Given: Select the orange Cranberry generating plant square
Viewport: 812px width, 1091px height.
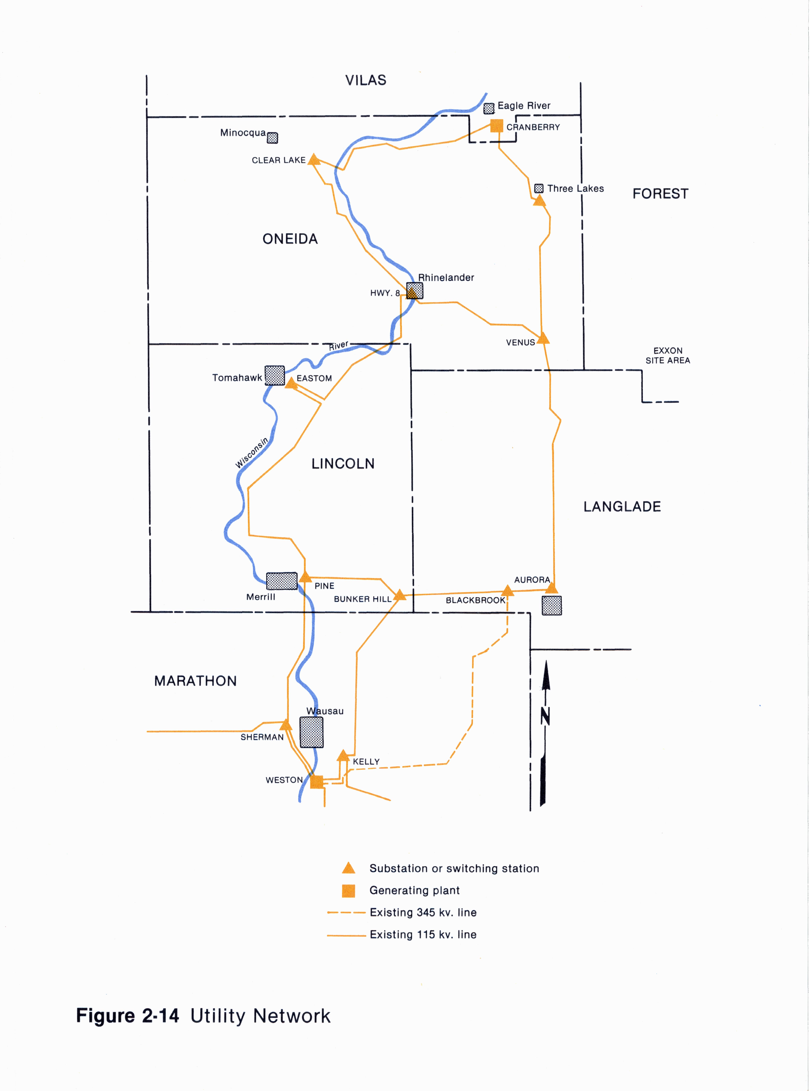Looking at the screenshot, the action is click(497, 126).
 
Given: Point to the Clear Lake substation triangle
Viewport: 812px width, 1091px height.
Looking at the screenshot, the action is click(314, 159).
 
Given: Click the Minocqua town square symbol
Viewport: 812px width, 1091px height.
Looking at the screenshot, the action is click(272, 138).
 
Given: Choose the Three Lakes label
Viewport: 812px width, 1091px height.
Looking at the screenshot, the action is click(576, 189).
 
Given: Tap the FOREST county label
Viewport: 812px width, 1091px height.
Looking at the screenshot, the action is click(660, 194).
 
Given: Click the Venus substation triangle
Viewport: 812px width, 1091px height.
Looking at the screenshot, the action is click(543, 338).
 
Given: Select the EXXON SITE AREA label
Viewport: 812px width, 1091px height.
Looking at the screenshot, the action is click(667, 355).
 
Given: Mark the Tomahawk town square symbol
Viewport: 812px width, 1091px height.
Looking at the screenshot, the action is click(275, 376).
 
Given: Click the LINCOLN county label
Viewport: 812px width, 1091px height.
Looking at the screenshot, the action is click(343, 463).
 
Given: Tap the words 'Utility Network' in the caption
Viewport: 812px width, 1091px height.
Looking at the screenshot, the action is click(260, 1016).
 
